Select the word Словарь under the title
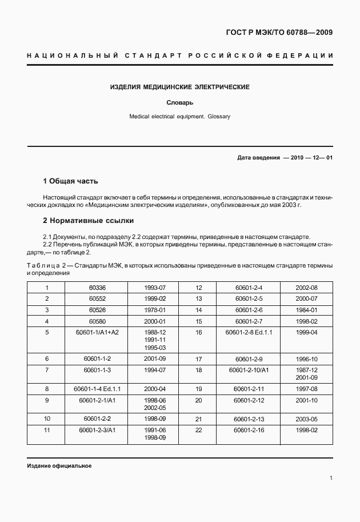point(179,103)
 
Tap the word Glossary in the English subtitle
point(218,116)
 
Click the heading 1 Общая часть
point(71,181)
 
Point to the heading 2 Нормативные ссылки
point(88,220)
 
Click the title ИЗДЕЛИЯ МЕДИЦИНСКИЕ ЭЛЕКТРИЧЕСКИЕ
point(179,87)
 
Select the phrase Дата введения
point(258,157)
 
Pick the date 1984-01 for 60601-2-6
point(306,309)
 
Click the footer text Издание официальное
point(59,465)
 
